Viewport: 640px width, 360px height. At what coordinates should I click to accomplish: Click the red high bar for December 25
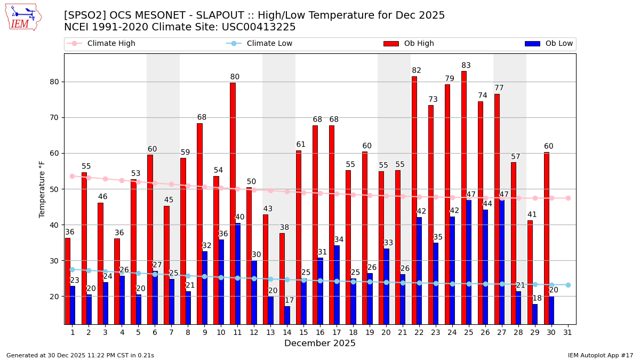pos(464,197)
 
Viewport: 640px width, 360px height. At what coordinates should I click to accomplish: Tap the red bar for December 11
pos(233,203)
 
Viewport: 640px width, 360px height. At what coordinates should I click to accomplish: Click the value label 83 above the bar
pos(466,66)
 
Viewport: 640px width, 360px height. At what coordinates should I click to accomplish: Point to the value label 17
pos(289,301)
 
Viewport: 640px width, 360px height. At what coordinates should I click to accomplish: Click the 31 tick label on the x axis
pos(568,332)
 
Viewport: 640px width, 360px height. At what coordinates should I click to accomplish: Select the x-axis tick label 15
pos(303,332)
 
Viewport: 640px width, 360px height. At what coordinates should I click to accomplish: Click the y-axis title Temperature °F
pos(42,189)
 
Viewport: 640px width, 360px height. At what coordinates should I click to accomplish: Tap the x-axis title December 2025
pos(320,343)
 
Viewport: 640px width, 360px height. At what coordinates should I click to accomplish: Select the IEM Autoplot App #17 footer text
pos(601,355)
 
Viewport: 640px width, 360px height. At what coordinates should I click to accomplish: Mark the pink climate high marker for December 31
pos(568,198)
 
